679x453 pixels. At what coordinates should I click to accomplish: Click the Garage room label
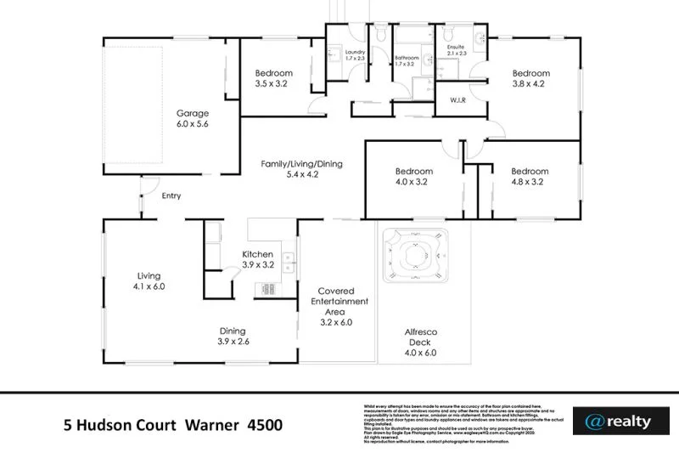[193, 118]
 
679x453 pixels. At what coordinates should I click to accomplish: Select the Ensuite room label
[457, 48]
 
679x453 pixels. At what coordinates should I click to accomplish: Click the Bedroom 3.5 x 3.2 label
[273, 78]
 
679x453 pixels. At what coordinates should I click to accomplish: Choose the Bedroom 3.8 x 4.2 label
[530, 78]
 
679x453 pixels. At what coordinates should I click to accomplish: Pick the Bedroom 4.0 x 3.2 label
[413, 176]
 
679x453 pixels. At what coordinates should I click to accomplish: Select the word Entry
[171, 196]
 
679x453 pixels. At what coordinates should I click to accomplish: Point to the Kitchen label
[258, 259]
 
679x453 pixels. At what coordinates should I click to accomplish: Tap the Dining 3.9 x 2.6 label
[233, 337]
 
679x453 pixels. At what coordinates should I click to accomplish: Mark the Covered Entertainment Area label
[337, 306]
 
